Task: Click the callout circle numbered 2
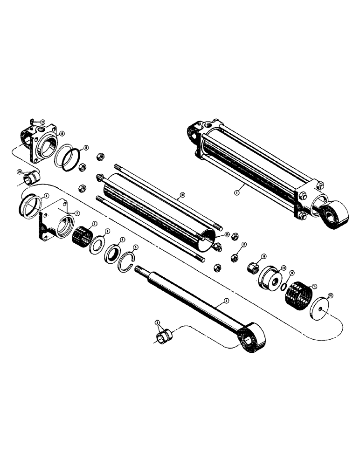pos(226,302)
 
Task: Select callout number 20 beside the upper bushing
pos(20,171)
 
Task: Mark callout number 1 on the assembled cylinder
pos(236,191)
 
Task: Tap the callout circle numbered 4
pos(123,240)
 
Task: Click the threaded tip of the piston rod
pos(138,268)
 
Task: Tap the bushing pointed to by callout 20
pos(32,177)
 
